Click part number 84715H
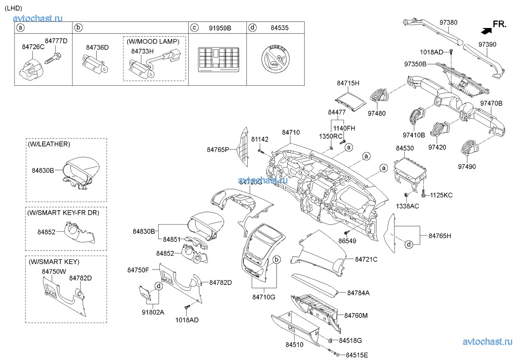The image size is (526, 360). [348, 83]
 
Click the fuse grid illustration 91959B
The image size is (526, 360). [218, 59]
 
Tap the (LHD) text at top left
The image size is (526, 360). [13, 8]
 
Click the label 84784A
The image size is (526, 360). [358, 293]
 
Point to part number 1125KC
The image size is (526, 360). [441, 195]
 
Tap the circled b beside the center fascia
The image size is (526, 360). [276, 259]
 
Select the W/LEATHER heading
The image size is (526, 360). [49, 144]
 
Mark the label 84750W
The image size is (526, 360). [54, 271]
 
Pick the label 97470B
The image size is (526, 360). [491, 103]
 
